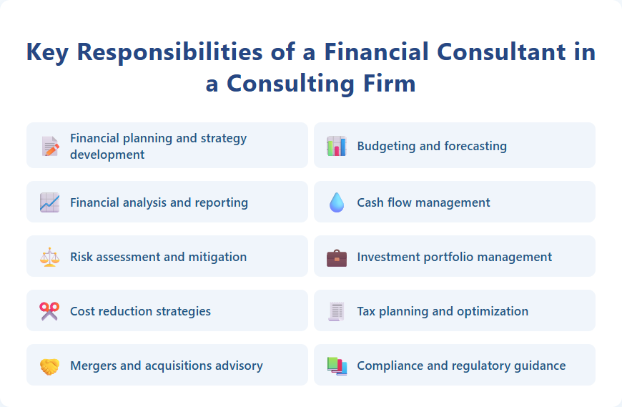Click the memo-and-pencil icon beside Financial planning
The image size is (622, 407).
coord(50,146)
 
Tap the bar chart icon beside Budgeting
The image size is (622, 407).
coord(337,146)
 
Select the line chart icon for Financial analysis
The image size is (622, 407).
coord(50,202)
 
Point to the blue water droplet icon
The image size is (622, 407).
coord(337,202)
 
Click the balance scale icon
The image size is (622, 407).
coord(50,257)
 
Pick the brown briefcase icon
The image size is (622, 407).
coord(337,257)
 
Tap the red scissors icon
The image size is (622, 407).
coord(50,311)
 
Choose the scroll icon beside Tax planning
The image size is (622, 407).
coord(337,311)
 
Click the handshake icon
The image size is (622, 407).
coord(50,366)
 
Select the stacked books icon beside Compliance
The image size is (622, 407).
coord(337,366)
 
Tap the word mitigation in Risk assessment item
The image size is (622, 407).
coord(218,258)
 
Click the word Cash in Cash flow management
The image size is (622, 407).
coord(370,202)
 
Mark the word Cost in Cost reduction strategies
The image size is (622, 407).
coord(82,311)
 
